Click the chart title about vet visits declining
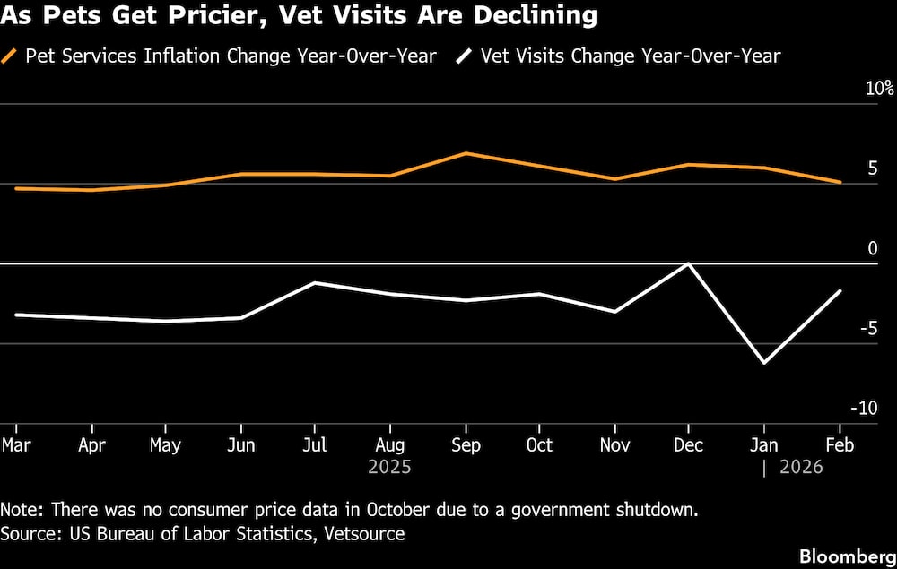coord(299,15)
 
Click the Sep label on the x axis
coord(465,445)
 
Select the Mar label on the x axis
coord(14,445)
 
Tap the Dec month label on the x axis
coord(688,445)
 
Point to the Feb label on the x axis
coord(839,445)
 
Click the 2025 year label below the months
coord(389,468)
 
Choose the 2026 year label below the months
coord(800,468)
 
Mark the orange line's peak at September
coord(465,153)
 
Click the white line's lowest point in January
coord(764,363)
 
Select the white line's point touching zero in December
coord(688,263)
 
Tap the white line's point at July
coord(314,283)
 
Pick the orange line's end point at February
coord(840,182)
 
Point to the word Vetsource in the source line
coord(363,534)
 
